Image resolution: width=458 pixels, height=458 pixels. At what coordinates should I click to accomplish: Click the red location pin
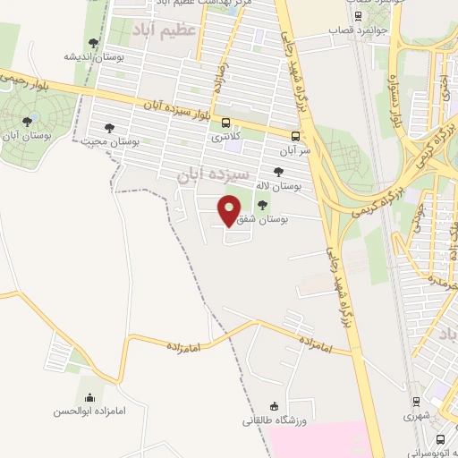229,210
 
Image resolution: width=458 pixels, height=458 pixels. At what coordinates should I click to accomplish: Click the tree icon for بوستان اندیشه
94,43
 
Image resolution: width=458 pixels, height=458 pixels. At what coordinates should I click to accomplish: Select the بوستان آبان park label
26,136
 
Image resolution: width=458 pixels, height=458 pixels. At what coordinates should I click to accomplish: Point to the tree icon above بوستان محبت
110,128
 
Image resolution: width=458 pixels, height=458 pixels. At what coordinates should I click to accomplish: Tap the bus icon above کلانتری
225,123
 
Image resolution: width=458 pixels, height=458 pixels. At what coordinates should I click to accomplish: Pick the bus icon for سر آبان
295,136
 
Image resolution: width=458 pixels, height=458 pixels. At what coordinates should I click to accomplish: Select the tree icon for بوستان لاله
278,171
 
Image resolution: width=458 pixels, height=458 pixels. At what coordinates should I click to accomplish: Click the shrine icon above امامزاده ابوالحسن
89,397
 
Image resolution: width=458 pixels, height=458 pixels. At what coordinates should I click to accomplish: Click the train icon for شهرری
416,403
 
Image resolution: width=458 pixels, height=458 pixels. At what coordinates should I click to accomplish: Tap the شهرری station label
416,416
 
